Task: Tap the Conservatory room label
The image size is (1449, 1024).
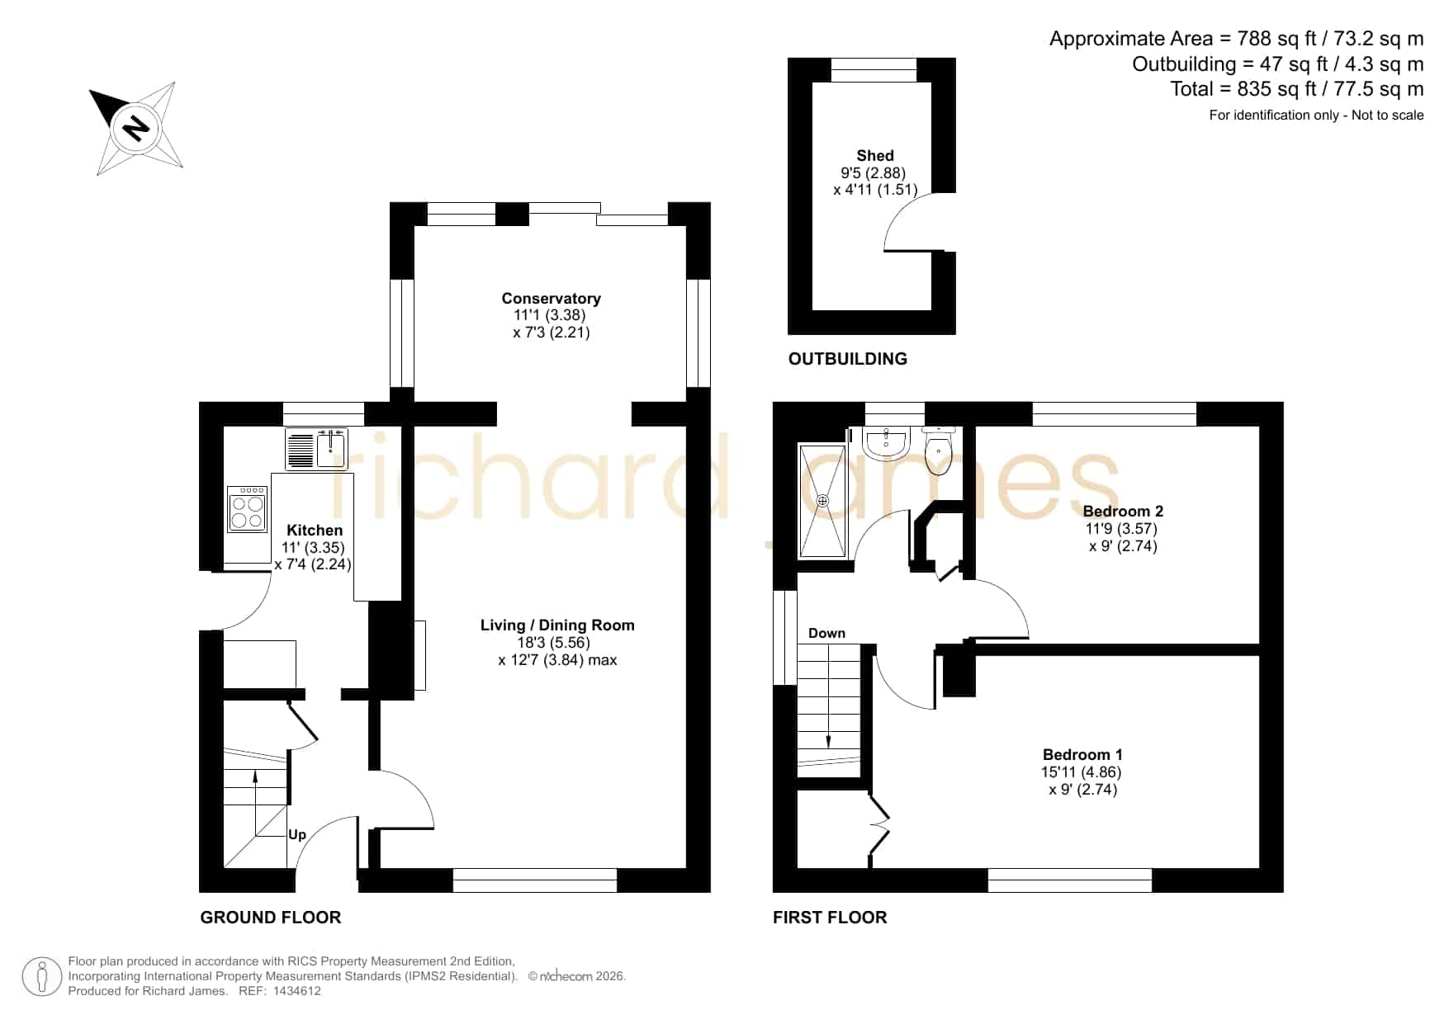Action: pyautogui.click(x=551, y=298)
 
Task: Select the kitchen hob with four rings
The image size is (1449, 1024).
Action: pyautogui.click(x=248, y=509)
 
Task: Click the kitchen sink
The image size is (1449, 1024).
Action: pyautogui.click(x=317, y=448)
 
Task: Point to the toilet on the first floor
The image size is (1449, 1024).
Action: pyautogui.click(x=938, y=451)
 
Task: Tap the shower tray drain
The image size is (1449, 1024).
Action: pyautogui.click(x=822, y=501)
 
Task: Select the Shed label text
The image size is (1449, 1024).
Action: pyautogui.click(x=875, y=155)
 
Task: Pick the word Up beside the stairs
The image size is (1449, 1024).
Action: pyautogui.click(x=297, y=834)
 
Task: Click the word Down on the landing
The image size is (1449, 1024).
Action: pyautogui.click(x=826, y=633)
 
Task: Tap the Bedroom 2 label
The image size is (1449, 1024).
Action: pyautogui.click(x=1123, y=511)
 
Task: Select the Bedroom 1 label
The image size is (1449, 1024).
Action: pyautogui.click(x=1082, y=754)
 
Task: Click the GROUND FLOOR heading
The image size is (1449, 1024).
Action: pyautogui.click(x=271, y=918)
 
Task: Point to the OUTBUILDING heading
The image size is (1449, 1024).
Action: pyautogui.click(x=848, y=359)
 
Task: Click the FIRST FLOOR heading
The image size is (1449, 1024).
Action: pyautogui.click(x=830, y=918)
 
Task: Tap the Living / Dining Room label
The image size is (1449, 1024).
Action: pyautogui.click(x=557, y=625)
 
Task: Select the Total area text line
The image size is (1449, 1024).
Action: pyautogui.click(x=1297, y=89)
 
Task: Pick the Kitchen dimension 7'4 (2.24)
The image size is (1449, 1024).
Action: pyautogui.click(x=313, y=565)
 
